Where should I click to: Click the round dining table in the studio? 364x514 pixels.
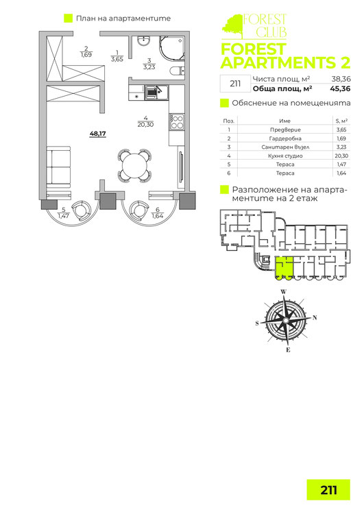coord(134,166)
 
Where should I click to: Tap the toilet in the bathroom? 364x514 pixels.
coord(178,71)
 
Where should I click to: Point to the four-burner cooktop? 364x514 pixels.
coord(177,121)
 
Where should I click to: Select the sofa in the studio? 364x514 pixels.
coord(58,167)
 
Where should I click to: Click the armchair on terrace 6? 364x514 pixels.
coord(139,210)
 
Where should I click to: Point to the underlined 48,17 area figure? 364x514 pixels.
coord(98,134)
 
